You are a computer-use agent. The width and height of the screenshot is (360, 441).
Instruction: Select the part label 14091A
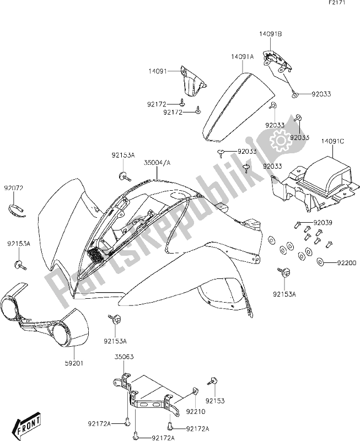243,56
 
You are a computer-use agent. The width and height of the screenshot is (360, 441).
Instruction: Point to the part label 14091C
334,141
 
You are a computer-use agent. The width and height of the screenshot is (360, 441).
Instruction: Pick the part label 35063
123,357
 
